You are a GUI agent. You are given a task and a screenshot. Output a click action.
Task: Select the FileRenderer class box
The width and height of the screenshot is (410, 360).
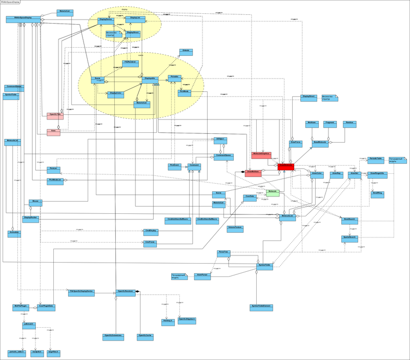click(x=129, y=63)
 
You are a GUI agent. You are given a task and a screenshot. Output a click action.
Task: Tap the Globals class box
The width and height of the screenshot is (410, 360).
click(x=185, y=51)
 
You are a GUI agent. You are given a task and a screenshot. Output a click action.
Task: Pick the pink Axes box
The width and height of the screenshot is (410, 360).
click(x=53, y=132)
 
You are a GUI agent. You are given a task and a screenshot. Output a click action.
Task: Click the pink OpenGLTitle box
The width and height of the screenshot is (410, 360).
click(x=55, y=115)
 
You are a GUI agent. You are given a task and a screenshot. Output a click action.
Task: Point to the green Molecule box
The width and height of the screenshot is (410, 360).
click(x=272, y=193)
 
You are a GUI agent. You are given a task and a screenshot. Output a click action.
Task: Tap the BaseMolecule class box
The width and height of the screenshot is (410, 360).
click(x=320, y=144)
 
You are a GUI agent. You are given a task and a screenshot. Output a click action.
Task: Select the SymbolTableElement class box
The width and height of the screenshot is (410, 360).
click(x=261, y=306)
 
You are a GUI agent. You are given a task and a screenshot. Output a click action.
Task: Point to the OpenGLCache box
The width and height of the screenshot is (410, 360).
click(x=145, y=336)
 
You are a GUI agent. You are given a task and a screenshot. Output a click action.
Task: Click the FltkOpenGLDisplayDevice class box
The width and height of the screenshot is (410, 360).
click(x=81, y=292)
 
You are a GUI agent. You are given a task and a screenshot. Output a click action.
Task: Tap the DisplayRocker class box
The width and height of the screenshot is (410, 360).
click(x=31, y=218)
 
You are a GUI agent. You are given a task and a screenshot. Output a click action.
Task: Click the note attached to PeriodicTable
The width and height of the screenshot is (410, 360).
click(x=397, y=161)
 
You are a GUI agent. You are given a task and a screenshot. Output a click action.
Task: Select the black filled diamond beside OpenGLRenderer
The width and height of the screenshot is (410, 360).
click(x=137, y=292)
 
